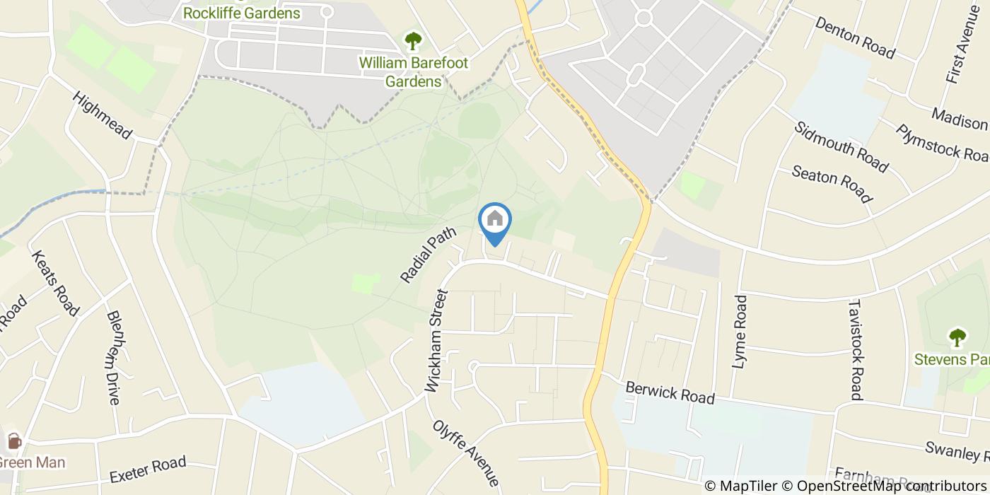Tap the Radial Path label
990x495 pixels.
pyautogui.click(x=429, y=255)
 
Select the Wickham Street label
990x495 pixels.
pyautogui.click(x=437, y=341)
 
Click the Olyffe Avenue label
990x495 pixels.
pyautogui.click(x=466, y=453)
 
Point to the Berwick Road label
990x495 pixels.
pyautogui.click(x=670, y=392)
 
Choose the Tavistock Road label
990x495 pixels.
pyautogui.click(x=855, y=349)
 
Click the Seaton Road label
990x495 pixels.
pyautogui.click(x=832, y=183)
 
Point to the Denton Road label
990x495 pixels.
pyautogui.click(x=855, y=38)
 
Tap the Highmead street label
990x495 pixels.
pyautogui.click(x=103, y=116)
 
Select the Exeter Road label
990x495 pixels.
pyautogui.click(x=148, y=468)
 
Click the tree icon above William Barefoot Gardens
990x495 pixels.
pyautogui.click(x=412, y=40)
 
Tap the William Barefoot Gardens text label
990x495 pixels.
pyautogui.click(x=414, y=72)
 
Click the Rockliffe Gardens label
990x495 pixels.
pyautogui.click(x=241, y=13)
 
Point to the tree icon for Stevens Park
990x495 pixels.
pyautogui.click(x=957, y=337)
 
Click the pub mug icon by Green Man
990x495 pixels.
pyautogui.click(x=13, y=442)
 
